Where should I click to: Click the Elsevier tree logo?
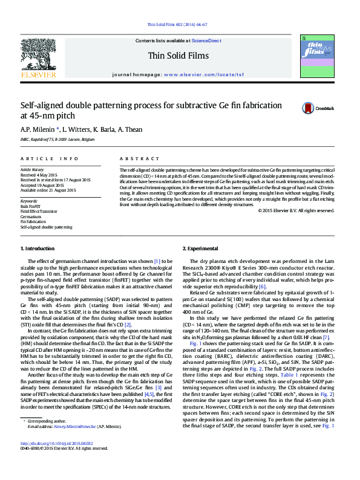pyautogui.click(x=39, y=59)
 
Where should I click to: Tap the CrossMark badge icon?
pyautogui.click(x=309, y=108)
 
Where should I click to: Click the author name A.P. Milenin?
pyautogui.click(x=38, y=129)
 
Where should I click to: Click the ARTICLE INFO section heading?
pyautogui.click(x=50, y=158)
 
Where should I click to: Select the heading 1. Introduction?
pyautogui.click(x=39, y=249)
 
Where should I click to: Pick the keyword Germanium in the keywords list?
pyautogui.click(x=31, y=216)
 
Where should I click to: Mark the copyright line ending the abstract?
pyautogui.click(x=296, y=210)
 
